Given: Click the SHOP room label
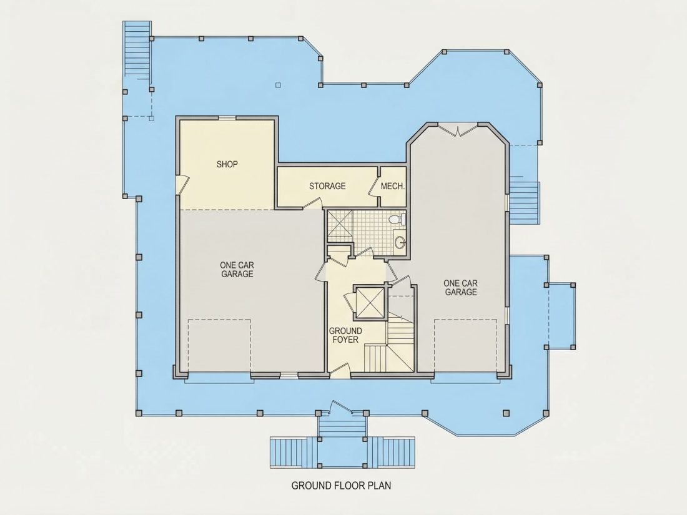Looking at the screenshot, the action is pyautogui.click(x=227, y=164).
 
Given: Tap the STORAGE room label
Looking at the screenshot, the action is pyautogui.click(x=327, y=186).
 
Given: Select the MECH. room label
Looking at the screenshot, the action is pyautogui.click(x=393, y=186).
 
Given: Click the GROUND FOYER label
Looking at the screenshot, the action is pyautogui.click(x=345, y=335).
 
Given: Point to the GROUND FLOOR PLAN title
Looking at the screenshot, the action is pyautogui.click(x=341, y=485).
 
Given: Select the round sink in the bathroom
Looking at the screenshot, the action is pyautogui.click(x=400, y=242).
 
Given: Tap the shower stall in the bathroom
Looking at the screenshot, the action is pyautogui.click(x=340, y=225).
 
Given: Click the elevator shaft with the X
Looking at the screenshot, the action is pyautogui.click(x=369, y=302).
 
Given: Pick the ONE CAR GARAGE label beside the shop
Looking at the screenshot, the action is pyautogui.click(x=237, y=269).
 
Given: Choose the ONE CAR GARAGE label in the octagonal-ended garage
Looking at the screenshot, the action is pyautogui.click(x=460, y=288).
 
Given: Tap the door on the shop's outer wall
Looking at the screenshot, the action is pyautogui.click(x=182, y=184).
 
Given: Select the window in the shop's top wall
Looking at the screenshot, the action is pyautogui.click(x=227, y=117).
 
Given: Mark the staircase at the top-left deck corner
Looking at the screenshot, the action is pyautogui.click(x=137, y=51).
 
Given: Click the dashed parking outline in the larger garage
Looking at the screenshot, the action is pyautogui.click(x=219, y=345).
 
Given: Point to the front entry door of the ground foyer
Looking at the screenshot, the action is pyautogui.click(x=340, y=373).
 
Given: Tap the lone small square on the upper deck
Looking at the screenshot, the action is pyautogui.click(x=278, y=85).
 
